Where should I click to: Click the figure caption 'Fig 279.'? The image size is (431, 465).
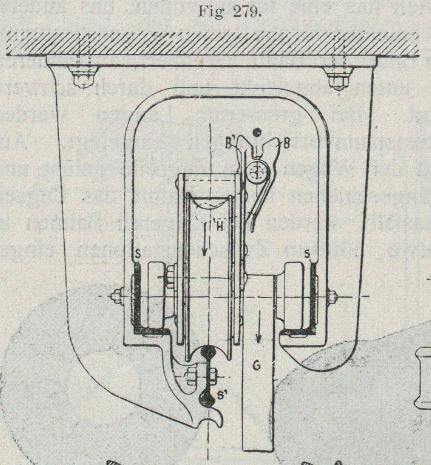(x=230, y=12)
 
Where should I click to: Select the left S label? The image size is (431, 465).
(x=137, y=255)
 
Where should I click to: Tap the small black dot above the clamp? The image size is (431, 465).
(x=258, y=132)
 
